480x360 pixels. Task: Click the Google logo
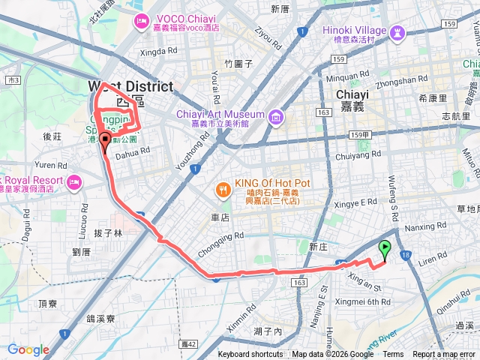[28, 349]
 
